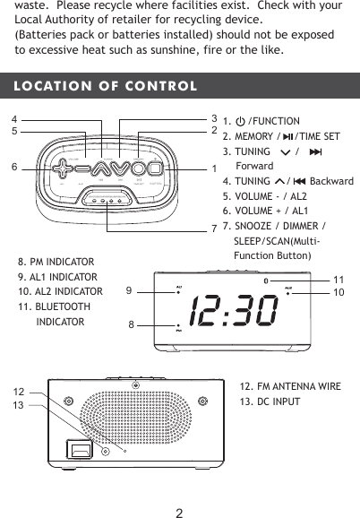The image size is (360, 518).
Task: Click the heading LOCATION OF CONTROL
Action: click(x=100, y=87)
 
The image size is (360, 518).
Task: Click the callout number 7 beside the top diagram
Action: click(x=214, y=227)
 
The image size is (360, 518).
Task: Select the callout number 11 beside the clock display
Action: click(x=339, y=281)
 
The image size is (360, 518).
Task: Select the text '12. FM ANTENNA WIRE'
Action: click(x=290, y=386)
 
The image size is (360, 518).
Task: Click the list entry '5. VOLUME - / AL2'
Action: click(x=264, y=195)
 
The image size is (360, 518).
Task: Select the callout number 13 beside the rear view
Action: click(x=18, y=406)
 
